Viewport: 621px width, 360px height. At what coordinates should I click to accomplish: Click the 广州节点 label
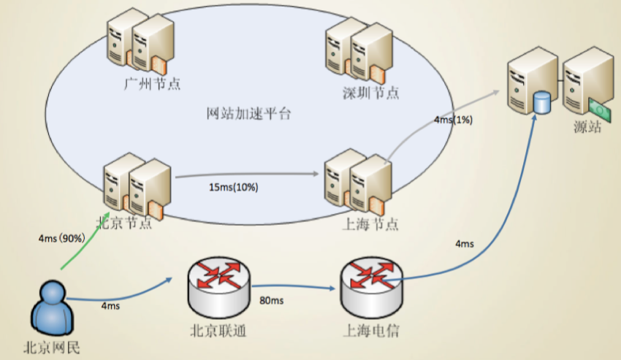coord(152,84)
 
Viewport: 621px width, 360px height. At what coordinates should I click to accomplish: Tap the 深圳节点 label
coord(370,93)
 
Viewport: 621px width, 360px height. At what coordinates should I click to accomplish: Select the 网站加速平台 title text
coord(248,114)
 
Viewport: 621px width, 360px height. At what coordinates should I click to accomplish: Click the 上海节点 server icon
coord(358,182)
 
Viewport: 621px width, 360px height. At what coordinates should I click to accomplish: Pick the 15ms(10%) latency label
coord(234,187)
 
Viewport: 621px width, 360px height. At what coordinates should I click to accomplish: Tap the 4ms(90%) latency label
coord(62,238)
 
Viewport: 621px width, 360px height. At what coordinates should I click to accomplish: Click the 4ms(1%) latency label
coord(453,120)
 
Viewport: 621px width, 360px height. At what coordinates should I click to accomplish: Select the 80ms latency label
coord(271,301)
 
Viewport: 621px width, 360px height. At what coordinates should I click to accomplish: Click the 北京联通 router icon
coord(218,287)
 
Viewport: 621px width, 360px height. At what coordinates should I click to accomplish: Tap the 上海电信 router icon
coord(371,287)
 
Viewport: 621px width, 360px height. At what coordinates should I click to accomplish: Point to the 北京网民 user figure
coord(52,308)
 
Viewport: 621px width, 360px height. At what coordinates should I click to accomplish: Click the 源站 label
coord(587,127)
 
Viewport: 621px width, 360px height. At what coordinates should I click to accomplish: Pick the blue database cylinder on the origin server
coord(542,102)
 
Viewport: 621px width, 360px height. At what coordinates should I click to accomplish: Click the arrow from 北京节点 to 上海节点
coord(247,175)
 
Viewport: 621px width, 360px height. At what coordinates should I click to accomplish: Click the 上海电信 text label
coord(370,330)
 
